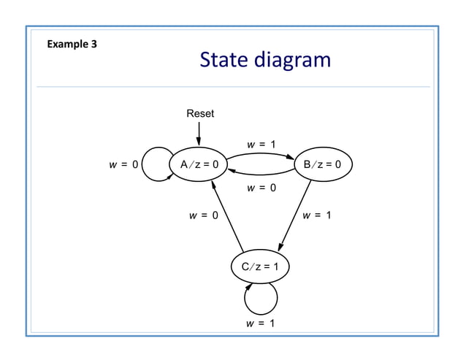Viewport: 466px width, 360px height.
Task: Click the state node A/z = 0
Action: tap(198, 164)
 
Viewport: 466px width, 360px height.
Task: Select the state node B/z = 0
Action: tap(322, 164)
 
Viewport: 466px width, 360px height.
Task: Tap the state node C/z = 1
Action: tap(260, 266)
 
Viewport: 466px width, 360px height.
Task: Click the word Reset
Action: tap(200, 113)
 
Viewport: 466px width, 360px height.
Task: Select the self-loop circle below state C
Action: tap(261, 299)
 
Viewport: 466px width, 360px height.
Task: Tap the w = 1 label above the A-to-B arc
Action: tap(261, 144)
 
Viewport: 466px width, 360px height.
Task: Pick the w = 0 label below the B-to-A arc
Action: tap(261, 188)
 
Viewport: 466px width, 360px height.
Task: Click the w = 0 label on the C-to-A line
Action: tap(203, 215)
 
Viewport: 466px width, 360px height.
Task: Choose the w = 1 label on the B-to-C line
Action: tap(317, 215)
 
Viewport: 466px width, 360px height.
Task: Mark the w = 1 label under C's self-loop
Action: tap(261, 323)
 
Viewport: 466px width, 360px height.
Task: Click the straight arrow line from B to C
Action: tap(296, 215)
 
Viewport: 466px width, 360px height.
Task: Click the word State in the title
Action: tap(224, 60)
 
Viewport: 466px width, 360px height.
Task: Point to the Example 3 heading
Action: tap(72, 45)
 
